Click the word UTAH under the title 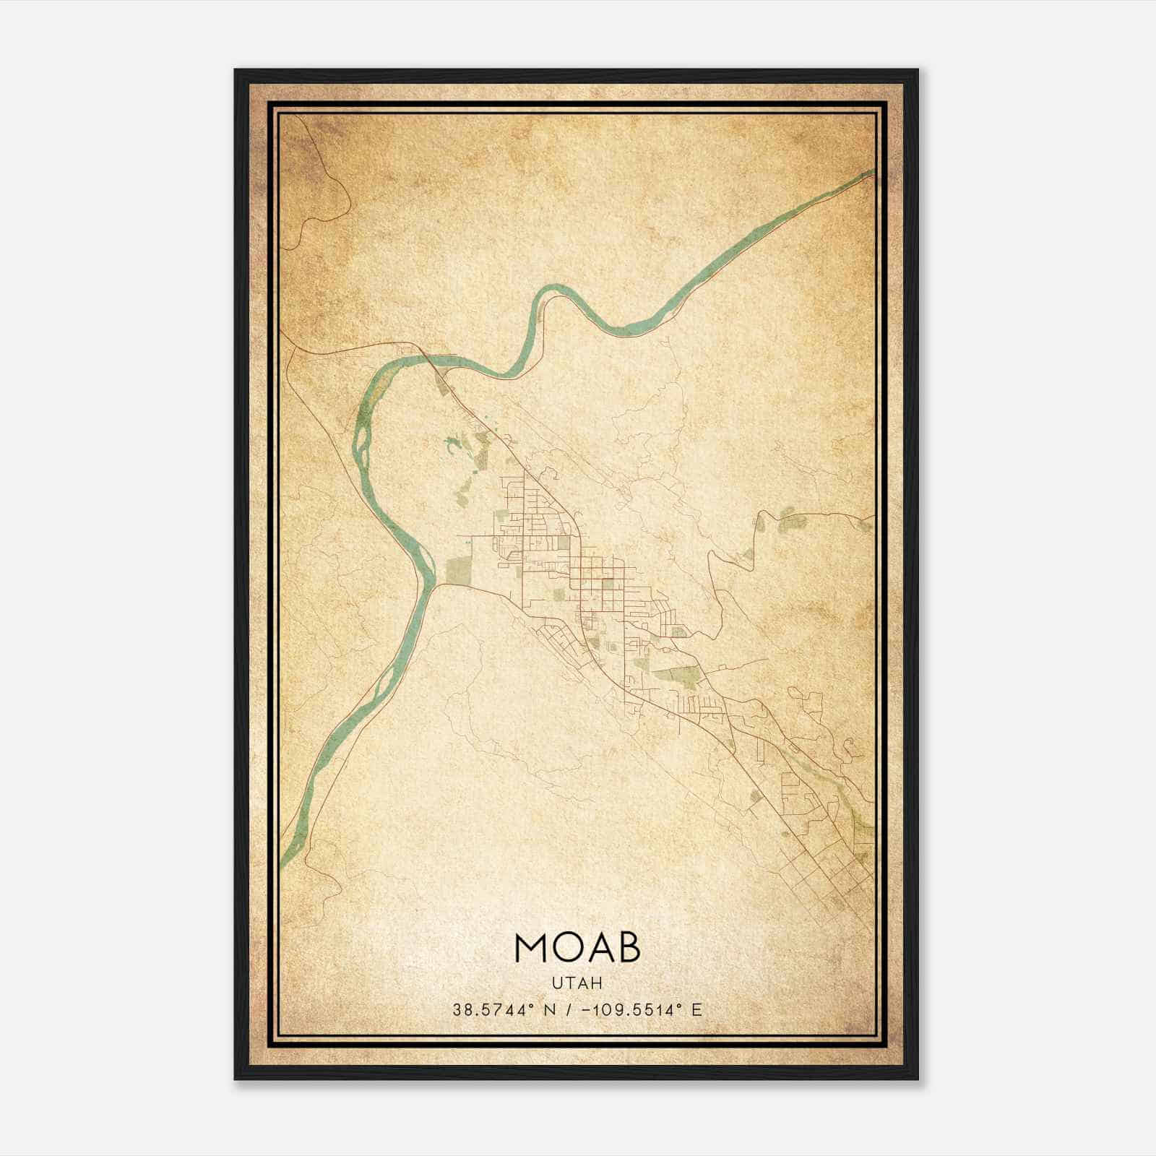(x=577, y=983)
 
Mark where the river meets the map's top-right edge (x=873, y=172)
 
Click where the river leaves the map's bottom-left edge (x=282, y=862)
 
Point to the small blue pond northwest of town (x=454, y=444)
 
